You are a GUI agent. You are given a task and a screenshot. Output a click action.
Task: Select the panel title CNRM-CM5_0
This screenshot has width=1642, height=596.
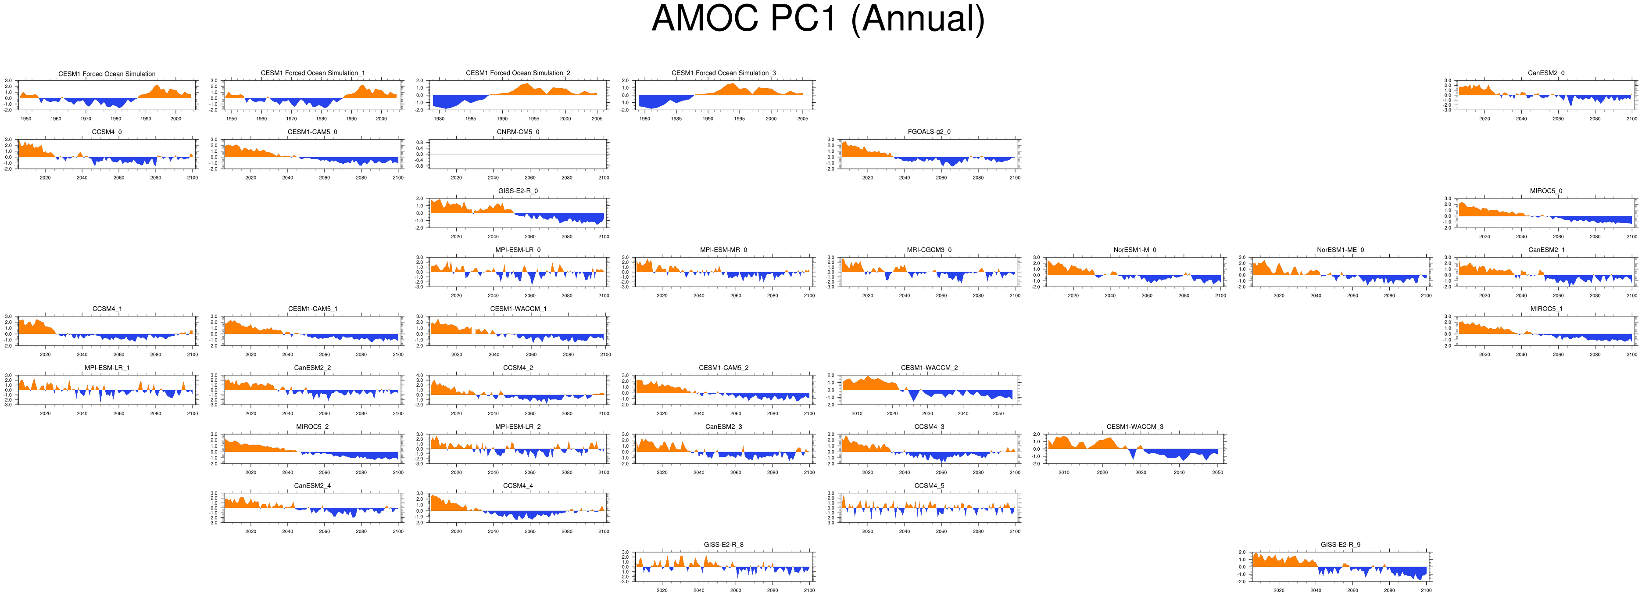click(x=518, y=132)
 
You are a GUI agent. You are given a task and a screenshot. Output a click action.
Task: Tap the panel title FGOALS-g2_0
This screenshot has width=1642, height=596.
click(x=929, y=132)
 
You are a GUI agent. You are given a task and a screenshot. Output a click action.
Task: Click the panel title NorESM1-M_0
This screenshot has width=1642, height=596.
click(x=1134, y=250)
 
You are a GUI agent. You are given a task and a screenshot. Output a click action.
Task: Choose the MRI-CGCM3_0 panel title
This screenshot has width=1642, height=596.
click(x=929, y=250)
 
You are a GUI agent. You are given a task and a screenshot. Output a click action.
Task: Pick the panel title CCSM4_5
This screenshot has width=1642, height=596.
click(x=929, y=486)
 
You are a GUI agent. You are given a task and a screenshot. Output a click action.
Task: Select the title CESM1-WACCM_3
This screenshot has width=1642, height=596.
click(x=1134, y=427)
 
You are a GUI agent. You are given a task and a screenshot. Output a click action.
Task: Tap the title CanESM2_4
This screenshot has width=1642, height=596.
click(x=312, y=486)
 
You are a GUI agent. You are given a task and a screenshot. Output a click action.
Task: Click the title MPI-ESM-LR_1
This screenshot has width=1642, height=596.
click(x=107, y=368)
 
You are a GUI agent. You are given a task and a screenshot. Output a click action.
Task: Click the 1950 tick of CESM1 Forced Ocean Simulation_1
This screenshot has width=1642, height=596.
click(x=231, y=118)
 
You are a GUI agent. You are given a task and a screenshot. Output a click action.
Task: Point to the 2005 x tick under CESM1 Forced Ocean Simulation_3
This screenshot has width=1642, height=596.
click(x=802, y=118)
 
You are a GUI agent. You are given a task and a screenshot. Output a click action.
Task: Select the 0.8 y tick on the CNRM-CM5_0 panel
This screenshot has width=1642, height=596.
click(x=419, y=142)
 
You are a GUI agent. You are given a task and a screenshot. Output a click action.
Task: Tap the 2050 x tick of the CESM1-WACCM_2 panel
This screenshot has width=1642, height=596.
click(x=998, y=414)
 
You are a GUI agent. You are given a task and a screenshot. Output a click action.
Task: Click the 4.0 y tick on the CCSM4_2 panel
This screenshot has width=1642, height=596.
click(x=419, y=375)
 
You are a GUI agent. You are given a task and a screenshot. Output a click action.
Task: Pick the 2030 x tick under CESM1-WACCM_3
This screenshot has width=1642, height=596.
click(x=1140, y=472)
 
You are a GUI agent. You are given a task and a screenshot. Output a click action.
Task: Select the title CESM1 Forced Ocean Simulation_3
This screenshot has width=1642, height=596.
click(x=723, y=73)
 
